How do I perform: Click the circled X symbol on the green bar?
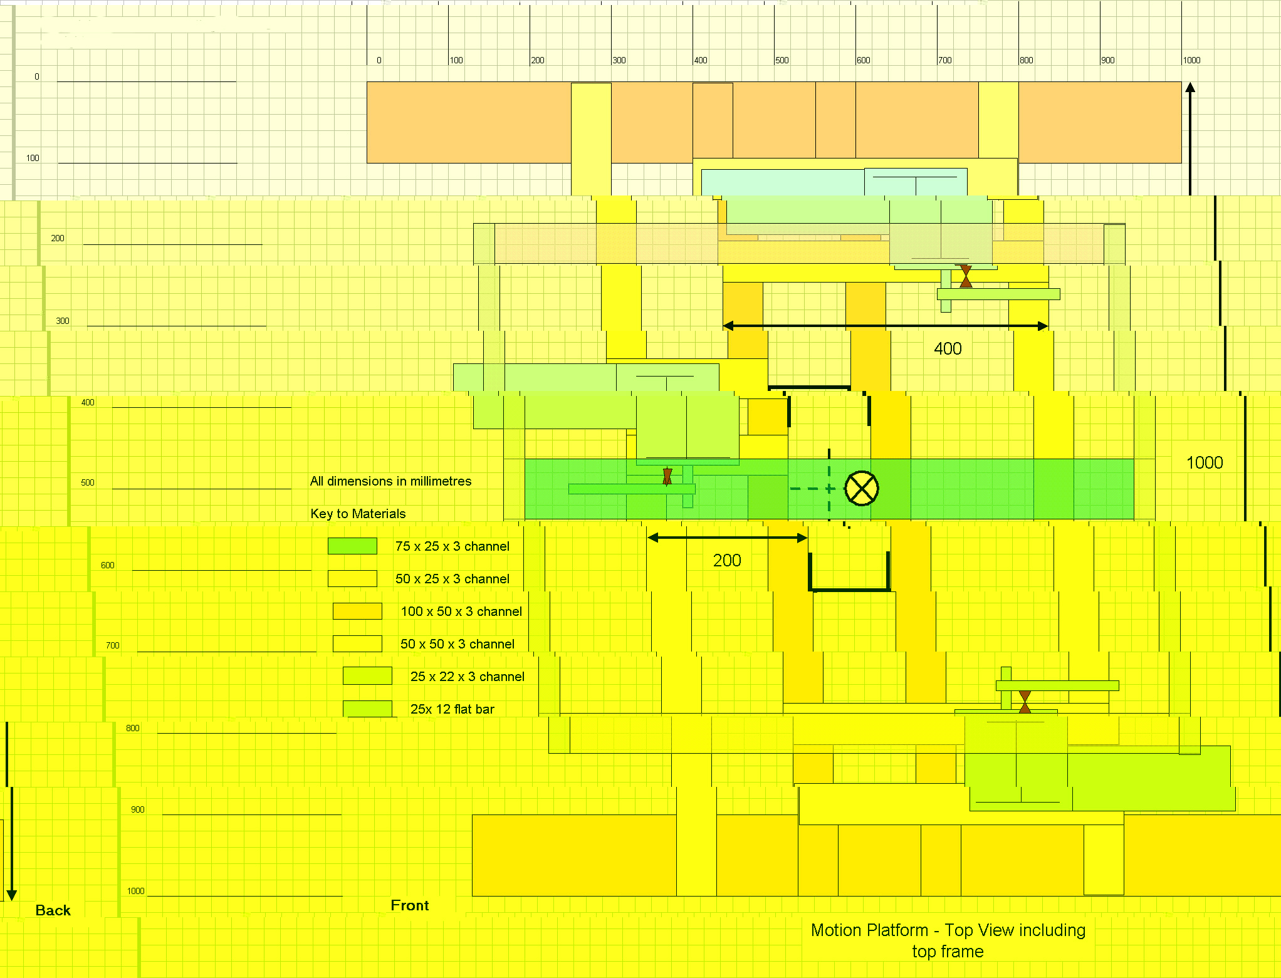pyautogui.click(x=862, y=489)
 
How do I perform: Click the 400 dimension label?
pyautogui.click(x=948, y=348)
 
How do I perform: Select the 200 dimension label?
pyautogui.click(x=727, y=560)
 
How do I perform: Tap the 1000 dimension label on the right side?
pyautogui.click(x=1205, y=462)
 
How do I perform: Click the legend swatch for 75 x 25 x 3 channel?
pyautogui.click(x=352, y=546)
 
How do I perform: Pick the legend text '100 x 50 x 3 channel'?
pyautogui.click(x=461, y=611)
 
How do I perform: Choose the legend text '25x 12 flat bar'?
pyautogui.click(x=452, y=709)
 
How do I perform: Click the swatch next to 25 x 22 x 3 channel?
pyautogui.click(x=367, y=676)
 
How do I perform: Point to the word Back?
pyautogui.click(x=53, y=910)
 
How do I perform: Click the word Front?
pyautogui.click(x=410, y=905)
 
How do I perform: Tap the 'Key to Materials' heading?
pyautogui.click(x=358, y=514)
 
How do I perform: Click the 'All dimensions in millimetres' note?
pyautogui.click(x=390, y=481)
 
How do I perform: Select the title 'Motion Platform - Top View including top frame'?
pyautogui.click(x=948, y=940)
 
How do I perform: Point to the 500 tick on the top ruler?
pyautogui.click(x=782, y=60)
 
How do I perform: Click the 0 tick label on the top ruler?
pyautogui.click(x=379, y=60)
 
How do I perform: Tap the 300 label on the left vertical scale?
pyautogui.click(x=63, y=321)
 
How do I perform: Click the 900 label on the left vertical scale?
pyautogui.click(x=138, y=809)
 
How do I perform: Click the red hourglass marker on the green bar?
pyautogui.click(x=667, y=476)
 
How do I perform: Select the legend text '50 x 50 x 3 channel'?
pyautogui.click(x=457, y=644)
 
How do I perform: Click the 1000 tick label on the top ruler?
pyautogui.click(x=1191, y=60)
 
